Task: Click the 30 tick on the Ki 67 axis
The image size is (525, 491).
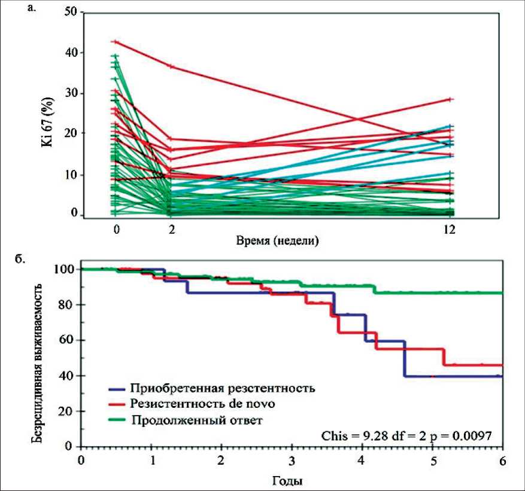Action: click(x=69, y=93)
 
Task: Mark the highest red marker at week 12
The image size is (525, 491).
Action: click(x=451, y=99)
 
